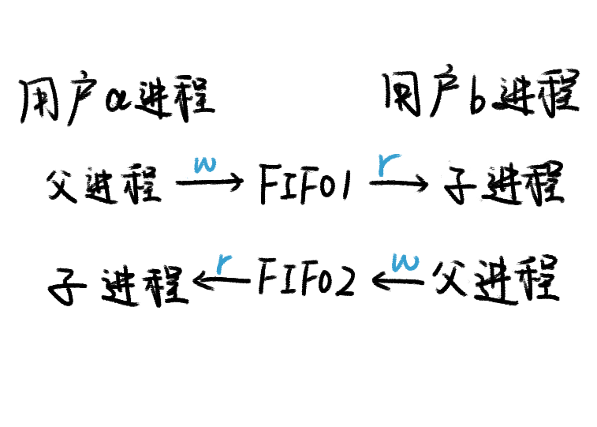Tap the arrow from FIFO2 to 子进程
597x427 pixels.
(x=222, y=279)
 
